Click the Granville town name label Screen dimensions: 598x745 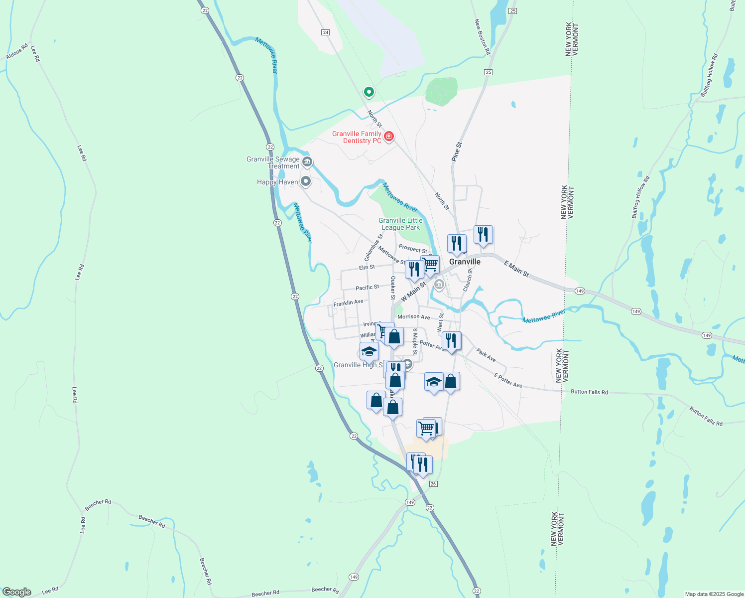pyautogui.click(x=465, y=262)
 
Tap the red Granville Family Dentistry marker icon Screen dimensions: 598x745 pyautogui.click(x=389, y=137)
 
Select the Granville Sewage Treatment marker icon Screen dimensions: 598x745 pyautogui.click(x=307, y=161)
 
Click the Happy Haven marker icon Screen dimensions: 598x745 pyautogui.click(x=306, y=182)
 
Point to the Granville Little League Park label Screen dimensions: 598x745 pyautogui.click(x=400, y=224)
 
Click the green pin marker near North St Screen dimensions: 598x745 pyautogui.click(x=369, y=92)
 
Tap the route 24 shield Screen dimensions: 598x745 pyautogui.click(x=325, y=32)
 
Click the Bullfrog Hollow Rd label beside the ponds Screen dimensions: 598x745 pyautogui.click(x=640, y=197)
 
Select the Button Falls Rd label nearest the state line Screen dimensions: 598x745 pyautogui.click(x=589, y=392)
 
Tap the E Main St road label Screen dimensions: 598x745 pyautogui.click(x=516, y=269)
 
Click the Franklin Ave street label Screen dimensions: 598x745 pyautogui.click(x=348, y=302)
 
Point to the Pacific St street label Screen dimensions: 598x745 pyautogui.click(x=367, y=288)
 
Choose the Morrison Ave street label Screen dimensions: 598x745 pyautogui.click(x=413, y=317)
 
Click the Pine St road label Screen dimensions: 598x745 pyautogui.click(x=457, y=151)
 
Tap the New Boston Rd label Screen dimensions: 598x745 pyautogui.click(x=482, y=37)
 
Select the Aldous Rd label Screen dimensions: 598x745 pyautogui.click(x=17, y=51)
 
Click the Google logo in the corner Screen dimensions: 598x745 pyautogui.click(x=16, y=592)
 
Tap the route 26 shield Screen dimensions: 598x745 pyautogui.click(x=433, y=484)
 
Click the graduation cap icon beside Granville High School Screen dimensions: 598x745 pyautogui.click(x=369, y=351)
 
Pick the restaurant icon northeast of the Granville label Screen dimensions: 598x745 pyautogui.click(x=483, y=234)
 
